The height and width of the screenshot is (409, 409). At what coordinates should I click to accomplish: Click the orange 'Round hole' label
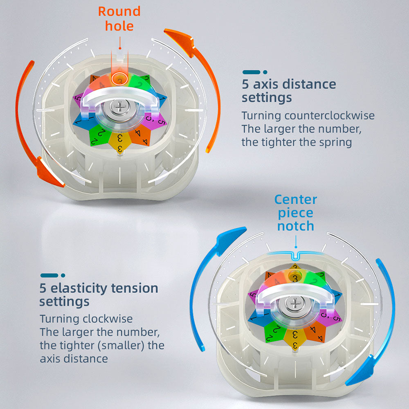[119, 19]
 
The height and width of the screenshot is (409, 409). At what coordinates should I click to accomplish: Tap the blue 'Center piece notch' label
[296, 213]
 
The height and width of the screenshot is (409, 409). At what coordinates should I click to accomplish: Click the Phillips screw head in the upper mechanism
[120, 107]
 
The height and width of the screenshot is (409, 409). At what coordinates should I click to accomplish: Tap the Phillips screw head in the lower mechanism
[295, 304]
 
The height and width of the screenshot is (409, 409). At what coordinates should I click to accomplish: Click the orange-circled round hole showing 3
[120, 79]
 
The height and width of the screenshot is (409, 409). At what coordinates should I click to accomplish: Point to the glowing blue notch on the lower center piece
[295, 256]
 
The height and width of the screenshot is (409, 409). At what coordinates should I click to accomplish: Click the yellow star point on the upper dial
[120, 143]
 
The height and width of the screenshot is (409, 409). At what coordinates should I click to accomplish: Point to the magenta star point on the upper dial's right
[155, 121]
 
